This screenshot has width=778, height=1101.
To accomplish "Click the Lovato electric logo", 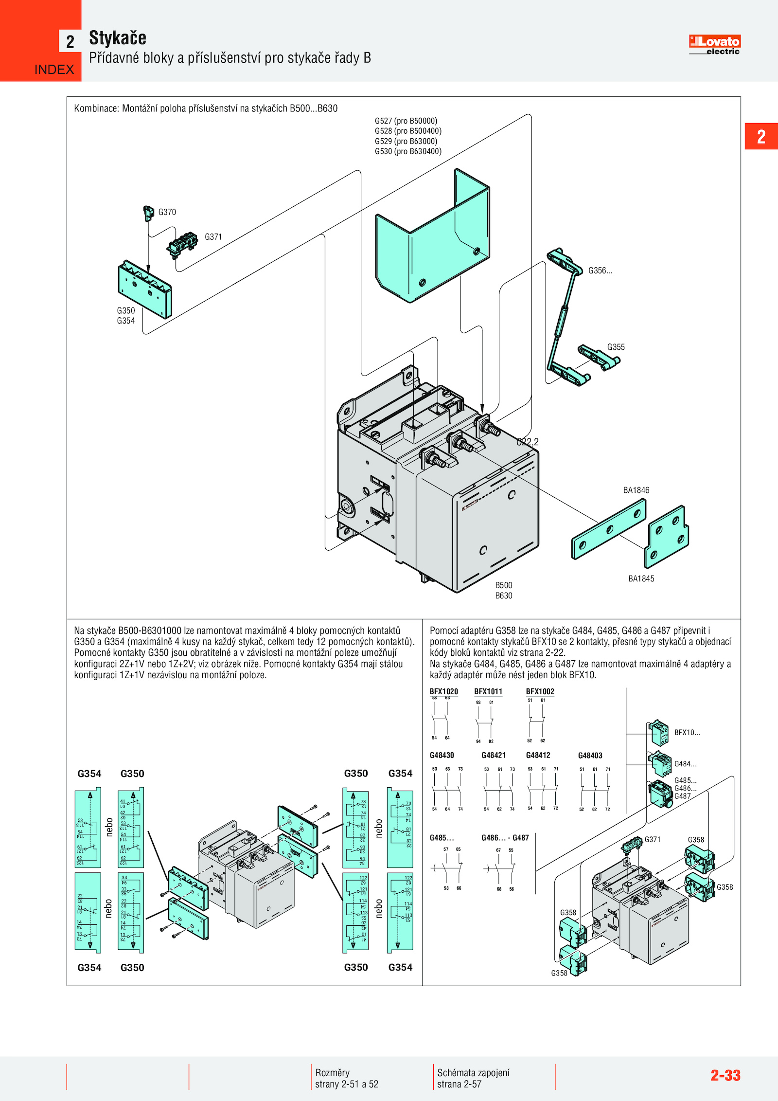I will (714, 45).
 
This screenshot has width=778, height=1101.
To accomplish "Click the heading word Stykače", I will (117, 38).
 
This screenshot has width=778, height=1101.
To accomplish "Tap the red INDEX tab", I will (54, 70).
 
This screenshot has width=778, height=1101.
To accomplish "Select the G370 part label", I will (167, 212).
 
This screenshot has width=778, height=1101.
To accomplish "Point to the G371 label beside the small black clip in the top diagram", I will (213, 237).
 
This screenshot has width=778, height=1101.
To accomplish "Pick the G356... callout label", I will (600, 271).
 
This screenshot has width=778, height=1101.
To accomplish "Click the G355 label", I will (616, 347).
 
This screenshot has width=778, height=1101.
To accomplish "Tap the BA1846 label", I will (636, 490).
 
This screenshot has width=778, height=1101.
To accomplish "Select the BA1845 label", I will (641, 578).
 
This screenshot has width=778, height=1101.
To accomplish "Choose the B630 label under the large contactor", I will (504, 596).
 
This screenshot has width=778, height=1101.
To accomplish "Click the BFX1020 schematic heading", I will (443, 691).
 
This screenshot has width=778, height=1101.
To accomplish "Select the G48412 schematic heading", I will (538, 755).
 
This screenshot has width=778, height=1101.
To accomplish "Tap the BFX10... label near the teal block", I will (687, 732).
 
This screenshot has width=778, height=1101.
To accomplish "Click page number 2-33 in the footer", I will (725, 1075).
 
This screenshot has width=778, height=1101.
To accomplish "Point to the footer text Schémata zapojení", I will (473, 1072).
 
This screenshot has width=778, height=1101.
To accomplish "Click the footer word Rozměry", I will (332, 1072).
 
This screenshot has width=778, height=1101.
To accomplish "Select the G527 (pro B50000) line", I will (406, 121).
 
